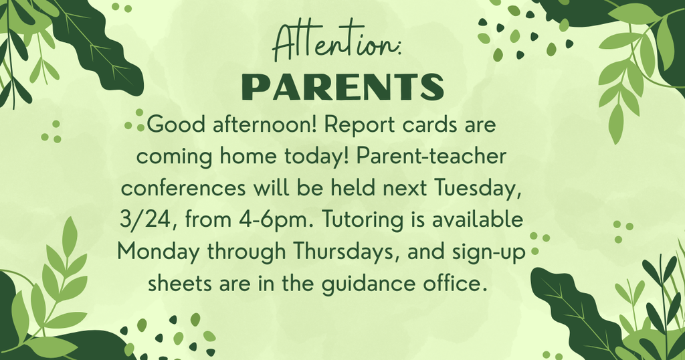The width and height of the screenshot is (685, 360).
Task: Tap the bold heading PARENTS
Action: tap(342, 86)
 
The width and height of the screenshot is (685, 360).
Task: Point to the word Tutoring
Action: tap(345, 219)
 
